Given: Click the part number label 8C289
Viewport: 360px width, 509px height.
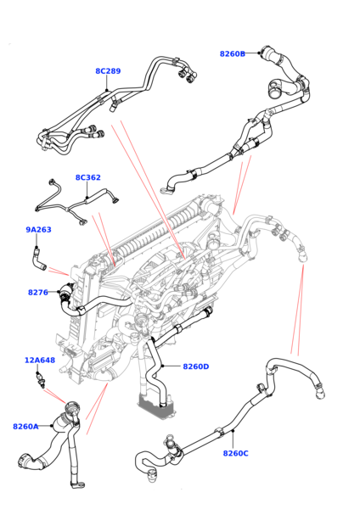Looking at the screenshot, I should (108, 71).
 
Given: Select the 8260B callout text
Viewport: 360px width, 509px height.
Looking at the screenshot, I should (232, 53).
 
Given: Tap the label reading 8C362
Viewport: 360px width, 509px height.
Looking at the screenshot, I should (87, 178).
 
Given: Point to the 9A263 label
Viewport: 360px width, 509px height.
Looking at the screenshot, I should (38, 229).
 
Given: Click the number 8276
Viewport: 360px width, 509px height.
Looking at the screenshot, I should (37, 293).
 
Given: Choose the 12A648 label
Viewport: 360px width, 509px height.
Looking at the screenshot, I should (39, 361).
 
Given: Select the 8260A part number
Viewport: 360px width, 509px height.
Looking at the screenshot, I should (25, 427).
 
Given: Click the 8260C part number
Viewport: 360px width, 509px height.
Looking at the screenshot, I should (235, 454).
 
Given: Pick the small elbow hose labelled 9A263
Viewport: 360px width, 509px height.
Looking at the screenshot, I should (37, 257).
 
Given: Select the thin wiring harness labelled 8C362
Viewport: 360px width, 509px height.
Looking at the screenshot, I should (76, 204).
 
